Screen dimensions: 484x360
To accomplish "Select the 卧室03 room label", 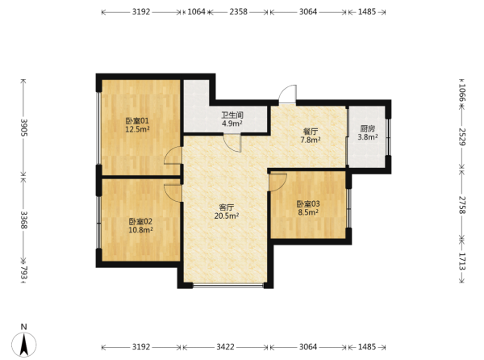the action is (308, 203).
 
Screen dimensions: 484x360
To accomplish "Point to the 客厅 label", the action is (226, 207).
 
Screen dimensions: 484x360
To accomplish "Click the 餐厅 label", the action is (311, 132).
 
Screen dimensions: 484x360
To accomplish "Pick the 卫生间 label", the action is (232, 115).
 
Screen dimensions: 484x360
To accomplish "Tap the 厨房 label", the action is (367, 128).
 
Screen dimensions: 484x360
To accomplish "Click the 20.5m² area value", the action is (227, 216).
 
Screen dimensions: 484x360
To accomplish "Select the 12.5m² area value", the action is (137, 129).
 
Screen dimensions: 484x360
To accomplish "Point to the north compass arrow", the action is (24, 345).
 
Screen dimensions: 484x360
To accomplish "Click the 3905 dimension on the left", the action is (23, 128).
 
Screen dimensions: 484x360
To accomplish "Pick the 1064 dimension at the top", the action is (196, 12).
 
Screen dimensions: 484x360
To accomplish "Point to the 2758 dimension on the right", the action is (461, 205).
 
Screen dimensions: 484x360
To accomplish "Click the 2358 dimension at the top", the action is (238, 12).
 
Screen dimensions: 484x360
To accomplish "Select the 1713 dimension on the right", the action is (461, 262).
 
